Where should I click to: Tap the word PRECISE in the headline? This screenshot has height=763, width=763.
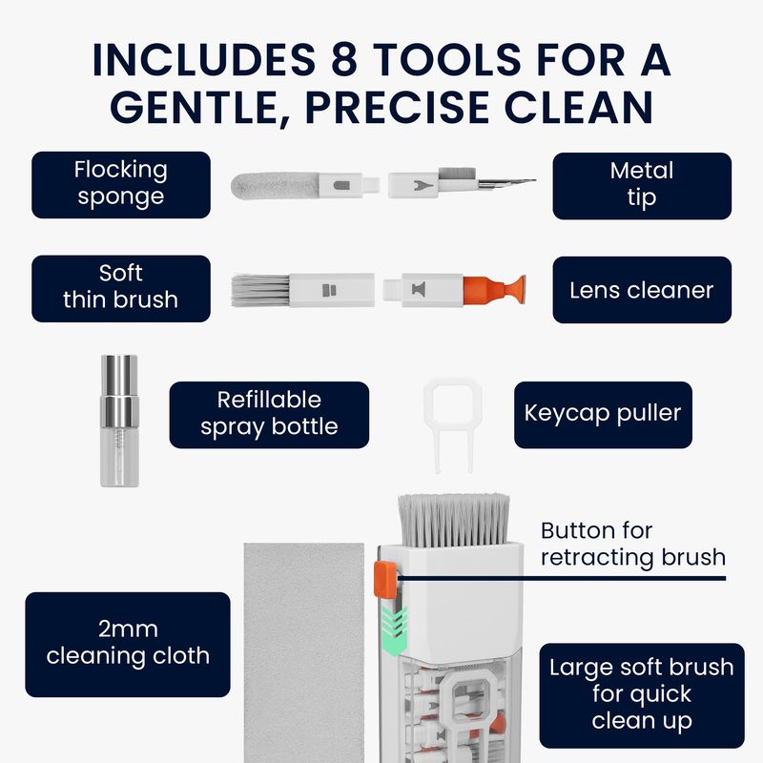[x=397, y=108]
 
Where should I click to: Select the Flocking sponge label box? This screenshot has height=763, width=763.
[x=121, y=184]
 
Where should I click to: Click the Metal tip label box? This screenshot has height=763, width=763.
[x=642, y=186]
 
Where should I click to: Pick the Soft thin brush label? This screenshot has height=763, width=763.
[x=121, y=289]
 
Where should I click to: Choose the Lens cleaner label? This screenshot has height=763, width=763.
[x=642, y=290]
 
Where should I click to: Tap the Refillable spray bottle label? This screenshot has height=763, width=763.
[x=269, y=415]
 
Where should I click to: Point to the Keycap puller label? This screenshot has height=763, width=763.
[x=603, y=415]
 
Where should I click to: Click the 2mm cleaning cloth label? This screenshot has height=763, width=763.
[x=128, y=645]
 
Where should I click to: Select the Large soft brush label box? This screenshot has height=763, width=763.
[x=642, y=695]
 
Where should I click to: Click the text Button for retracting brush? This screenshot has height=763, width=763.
[x=632, y=544]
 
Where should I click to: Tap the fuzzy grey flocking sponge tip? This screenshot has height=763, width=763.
[x=275, y=185]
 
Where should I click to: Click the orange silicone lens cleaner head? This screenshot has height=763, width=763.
[x=494, y=291]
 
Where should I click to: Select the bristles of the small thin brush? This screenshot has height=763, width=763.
[x=260, y=291]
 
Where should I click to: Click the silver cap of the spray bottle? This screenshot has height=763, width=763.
[x=119, y=388]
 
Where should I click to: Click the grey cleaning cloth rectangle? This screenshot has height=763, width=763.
[x=304, y=652]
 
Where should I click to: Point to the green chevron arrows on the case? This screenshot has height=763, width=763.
[x=394, y=631]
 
